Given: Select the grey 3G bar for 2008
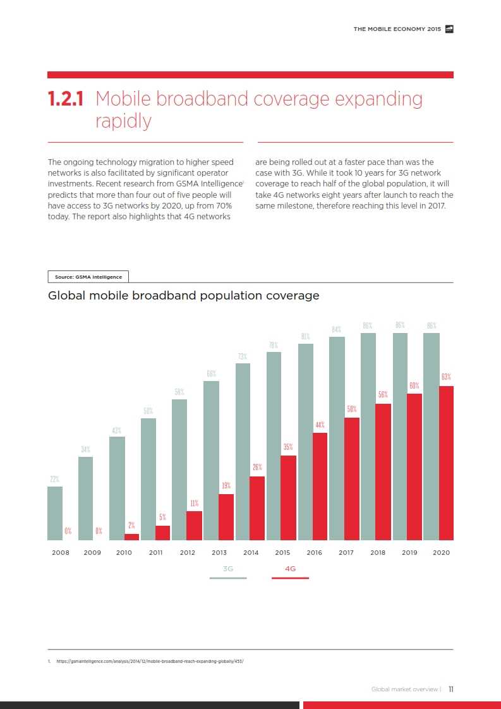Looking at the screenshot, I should point(55,513).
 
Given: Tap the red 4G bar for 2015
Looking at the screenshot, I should point(288,498).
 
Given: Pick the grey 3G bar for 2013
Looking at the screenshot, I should point(211,461).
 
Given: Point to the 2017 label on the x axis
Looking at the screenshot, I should point(346,552).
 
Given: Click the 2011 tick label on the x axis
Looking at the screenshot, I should point(155,552).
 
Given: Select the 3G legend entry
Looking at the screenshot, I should point(228,569).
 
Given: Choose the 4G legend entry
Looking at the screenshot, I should point(290,569).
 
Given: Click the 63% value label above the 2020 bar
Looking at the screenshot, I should point(446,377).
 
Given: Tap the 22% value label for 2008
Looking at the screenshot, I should point(55,479).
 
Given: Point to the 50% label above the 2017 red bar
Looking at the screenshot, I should point(352,409).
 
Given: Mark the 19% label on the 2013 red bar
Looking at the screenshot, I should point(226,486).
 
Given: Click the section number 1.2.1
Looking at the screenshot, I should point(67,99).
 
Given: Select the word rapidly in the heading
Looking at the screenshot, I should point(123,121).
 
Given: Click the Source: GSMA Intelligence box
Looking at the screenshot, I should point(88,277).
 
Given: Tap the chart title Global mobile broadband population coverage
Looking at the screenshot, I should point(184,295).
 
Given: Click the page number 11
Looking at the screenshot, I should point(451,689).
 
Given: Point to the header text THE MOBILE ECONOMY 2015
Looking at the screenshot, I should point(397,28).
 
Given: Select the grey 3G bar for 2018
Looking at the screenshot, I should point(368,437).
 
